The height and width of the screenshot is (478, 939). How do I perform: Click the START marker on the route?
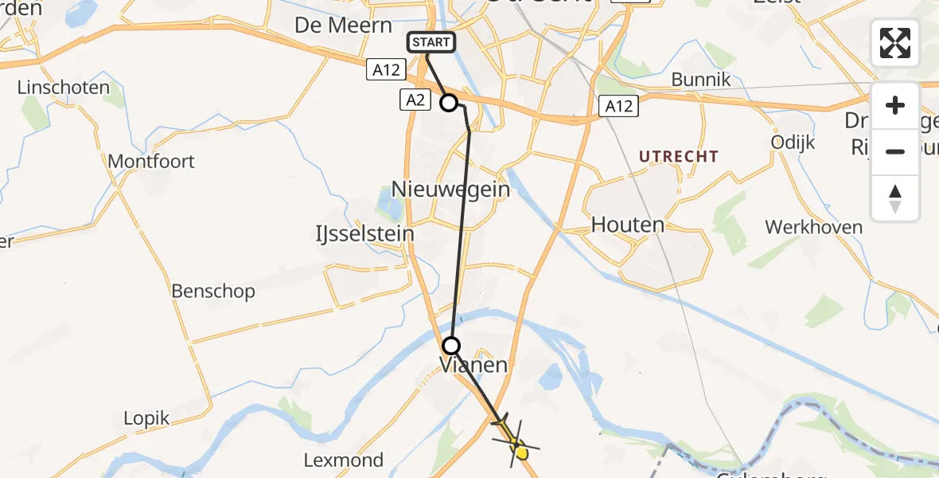coord(431,42)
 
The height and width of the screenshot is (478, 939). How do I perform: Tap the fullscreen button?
coord(895,43)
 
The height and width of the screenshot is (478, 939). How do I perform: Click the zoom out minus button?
coord(895,151)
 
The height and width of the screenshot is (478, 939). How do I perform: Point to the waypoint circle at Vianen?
coord(451,346)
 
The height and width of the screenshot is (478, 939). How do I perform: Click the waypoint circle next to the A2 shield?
coord(449,103)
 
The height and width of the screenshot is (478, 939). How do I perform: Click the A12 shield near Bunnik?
coord(619,105)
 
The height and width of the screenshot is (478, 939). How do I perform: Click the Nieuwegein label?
coord(450,190)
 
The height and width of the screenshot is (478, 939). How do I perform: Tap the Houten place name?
coord(628,225)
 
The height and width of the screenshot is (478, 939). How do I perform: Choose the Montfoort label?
coord(151,161)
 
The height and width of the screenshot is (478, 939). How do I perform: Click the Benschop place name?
coord(213,291)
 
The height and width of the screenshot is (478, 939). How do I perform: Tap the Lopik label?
coord(147,417)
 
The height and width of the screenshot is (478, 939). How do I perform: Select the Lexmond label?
coord(344,460)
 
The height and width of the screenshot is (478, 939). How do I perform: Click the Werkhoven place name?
coord(813,227)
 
